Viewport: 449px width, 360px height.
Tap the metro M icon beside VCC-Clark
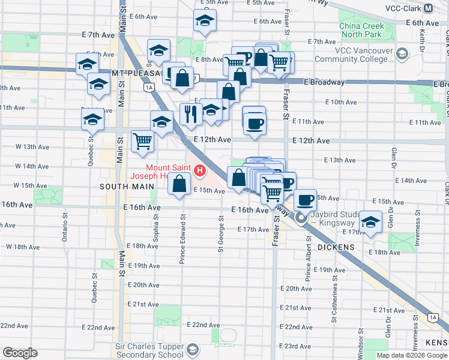(429, 8)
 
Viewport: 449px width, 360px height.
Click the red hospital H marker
(199, 172)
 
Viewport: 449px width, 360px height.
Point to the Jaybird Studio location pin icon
(304, 219)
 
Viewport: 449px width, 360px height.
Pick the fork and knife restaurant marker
(191, 113)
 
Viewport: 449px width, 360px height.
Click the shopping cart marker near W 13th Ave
(142, 141)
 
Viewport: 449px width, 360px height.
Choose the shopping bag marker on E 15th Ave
(179, 183)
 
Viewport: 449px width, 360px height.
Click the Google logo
(20, 353)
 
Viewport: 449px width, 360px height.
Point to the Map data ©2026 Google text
(412, 355)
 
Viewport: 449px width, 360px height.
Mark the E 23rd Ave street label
(298, 346)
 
